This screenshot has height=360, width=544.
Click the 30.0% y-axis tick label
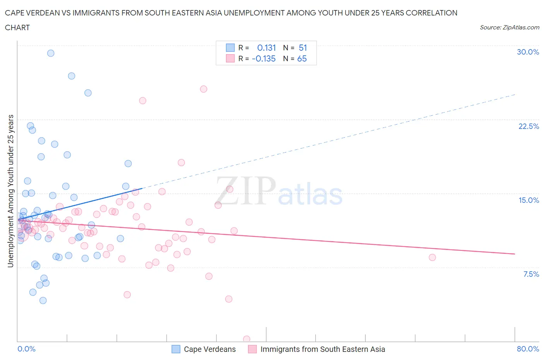click(x=528, y=52)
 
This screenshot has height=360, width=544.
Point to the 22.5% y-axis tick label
click(x=529, y=126)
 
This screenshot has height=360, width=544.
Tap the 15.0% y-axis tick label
click(x=529, y=200)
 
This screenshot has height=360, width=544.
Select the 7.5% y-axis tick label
click(x=531, y=274)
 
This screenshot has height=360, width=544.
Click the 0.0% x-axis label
click(x=26, y=349)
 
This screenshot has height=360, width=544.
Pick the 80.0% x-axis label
click(x=528, y=349)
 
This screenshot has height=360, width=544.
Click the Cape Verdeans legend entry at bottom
click(x=209, y=349)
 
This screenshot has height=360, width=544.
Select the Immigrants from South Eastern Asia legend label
click(x=322, y=349)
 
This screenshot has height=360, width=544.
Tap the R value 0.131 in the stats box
click(x=266, y=48)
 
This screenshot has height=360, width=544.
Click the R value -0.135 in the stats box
click(x=263, y=58)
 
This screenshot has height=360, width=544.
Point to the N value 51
click(x=303, y=48)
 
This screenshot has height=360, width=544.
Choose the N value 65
click(x=302, y=58)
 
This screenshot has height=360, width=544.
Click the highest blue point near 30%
click(x=51, y=53)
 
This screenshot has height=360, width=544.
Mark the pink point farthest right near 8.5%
click(x=432, y=257)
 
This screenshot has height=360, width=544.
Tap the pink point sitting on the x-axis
click(x=246, y=339)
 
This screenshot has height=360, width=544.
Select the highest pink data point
click(x=204, y=89)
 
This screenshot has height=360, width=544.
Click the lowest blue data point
click(x=43, y=300)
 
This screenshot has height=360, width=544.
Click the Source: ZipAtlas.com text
click(x=509, y=27)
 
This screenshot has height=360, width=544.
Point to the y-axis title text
click(x=11, y=191)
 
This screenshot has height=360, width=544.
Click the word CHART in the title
click(x=17, y=27)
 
